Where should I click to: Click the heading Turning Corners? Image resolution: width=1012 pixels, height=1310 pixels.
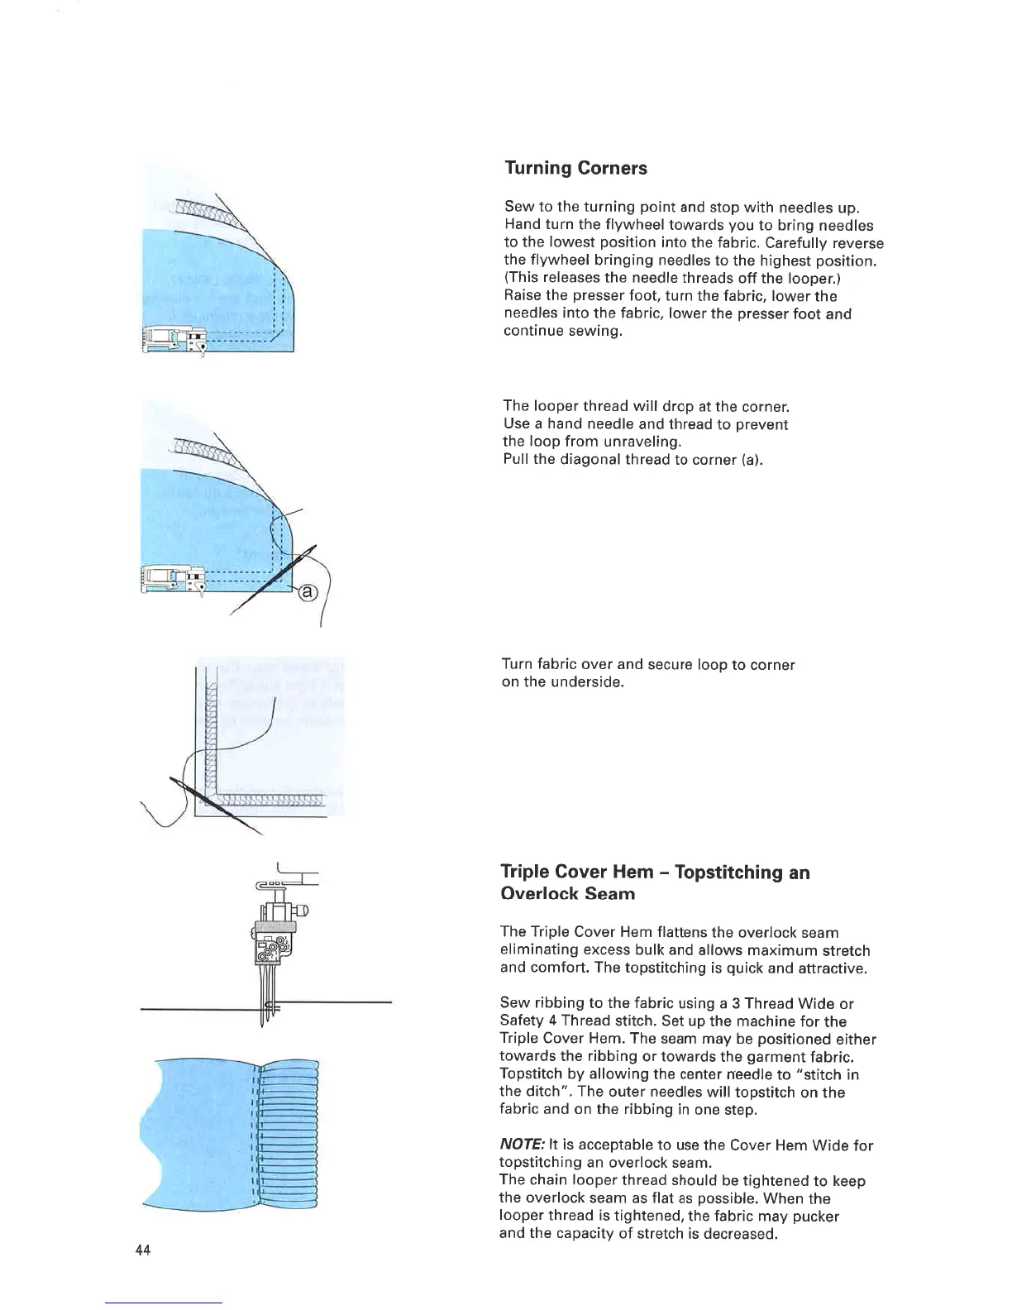point(575,168)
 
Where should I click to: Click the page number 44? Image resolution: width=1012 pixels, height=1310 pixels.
point(142,1250)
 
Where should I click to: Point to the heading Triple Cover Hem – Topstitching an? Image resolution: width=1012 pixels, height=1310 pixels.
point(655,873)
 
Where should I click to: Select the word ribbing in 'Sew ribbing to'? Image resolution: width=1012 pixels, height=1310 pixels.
point(553,1004)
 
